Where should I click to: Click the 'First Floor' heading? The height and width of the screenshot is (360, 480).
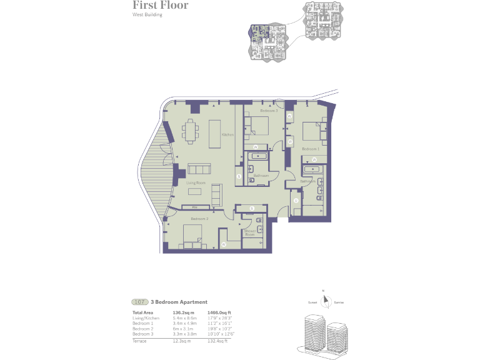coord(160,6)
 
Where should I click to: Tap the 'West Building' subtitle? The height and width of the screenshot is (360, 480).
coord(147,15)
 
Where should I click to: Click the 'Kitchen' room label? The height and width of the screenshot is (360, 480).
coord(227,135)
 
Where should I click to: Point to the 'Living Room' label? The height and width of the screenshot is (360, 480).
coord(196,182)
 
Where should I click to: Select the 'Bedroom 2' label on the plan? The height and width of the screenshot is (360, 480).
coord(199,219)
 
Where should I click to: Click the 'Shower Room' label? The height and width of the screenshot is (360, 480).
coord(251,232)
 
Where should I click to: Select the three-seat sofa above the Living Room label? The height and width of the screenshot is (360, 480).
coord(200,169)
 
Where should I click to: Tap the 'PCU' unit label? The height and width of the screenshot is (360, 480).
coord(195,207)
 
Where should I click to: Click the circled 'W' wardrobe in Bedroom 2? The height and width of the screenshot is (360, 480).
coord(224,244)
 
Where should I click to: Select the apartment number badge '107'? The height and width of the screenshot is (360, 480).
coord(139,302)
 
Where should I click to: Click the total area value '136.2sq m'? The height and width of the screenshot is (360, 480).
coord(184,312)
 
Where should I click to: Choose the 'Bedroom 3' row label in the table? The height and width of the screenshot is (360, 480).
coord(142,333)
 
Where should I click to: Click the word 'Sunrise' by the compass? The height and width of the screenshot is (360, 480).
coord(338,302)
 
